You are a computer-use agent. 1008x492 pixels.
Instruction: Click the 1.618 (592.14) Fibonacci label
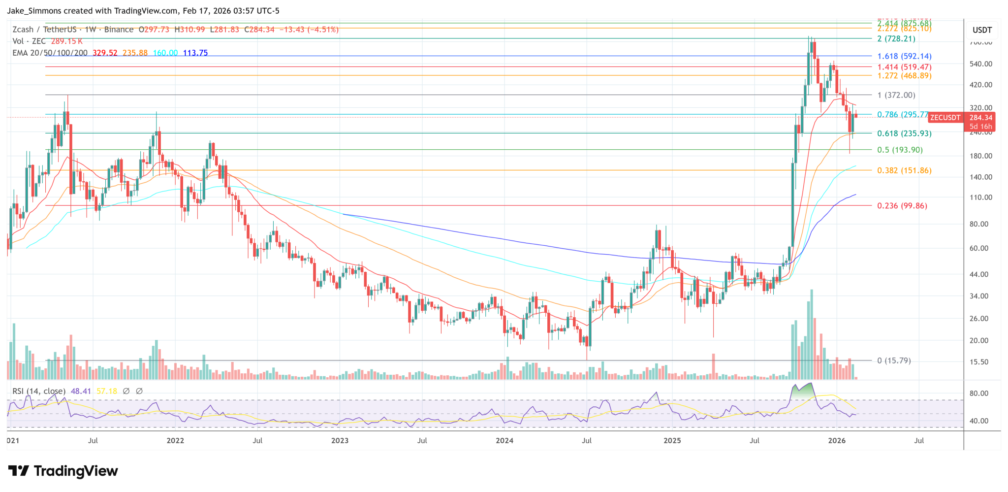pyautogui.click(x=904, y=57)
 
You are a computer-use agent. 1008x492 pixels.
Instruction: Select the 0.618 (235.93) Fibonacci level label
pyautogui.click(x=904, y=133)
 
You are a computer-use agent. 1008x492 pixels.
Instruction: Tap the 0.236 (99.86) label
pyautogui.click(x=902, y=206)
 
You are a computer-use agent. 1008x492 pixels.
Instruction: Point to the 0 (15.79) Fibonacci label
pyautogui.click(x=894, y=361)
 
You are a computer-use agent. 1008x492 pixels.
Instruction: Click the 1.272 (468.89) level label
pyautogui.click(x=904, y=76)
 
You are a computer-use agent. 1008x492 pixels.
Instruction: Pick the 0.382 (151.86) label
pyautogui.click(x=904, y=170)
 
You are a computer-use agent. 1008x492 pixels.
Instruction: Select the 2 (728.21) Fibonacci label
pyautogui.click(x=896, y=39)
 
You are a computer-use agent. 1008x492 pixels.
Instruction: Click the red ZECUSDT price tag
pyautogui.click(x=945, y=118)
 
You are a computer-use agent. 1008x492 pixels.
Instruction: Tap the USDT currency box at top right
pyautogui.click(x=982, y=30)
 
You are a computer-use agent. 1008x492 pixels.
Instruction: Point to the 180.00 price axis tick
pyautogui.click(x=980, y=156)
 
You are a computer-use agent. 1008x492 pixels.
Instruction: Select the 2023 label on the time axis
pyautogui.click(x=340, y=440)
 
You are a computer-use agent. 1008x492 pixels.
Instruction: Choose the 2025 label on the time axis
pyautogui.click(x=672, y=440)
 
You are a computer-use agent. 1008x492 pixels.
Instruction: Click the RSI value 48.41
pyautogui.click(x=81, y=391)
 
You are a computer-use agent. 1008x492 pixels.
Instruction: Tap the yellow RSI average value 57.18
pyautogui.click(x=107, y=391)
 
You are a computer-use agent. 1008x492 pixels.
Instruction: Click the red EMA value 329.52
pyautogui.click(x=105, y=53)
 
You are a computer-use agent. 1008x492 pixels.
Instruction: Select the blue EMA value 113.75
pyautogui.click(x=195, y=53)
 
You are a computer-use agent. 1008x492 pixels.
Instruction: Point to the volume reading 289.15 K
pyautogui.click(x=67, y=41)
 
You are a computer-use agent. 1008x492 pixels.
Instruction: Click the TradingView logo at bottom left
pyautogui.click(x=63, y=471)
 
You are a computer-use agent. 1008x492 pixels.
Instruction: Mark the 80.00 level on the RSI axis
pyautogui.click(x=979, y=394)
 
